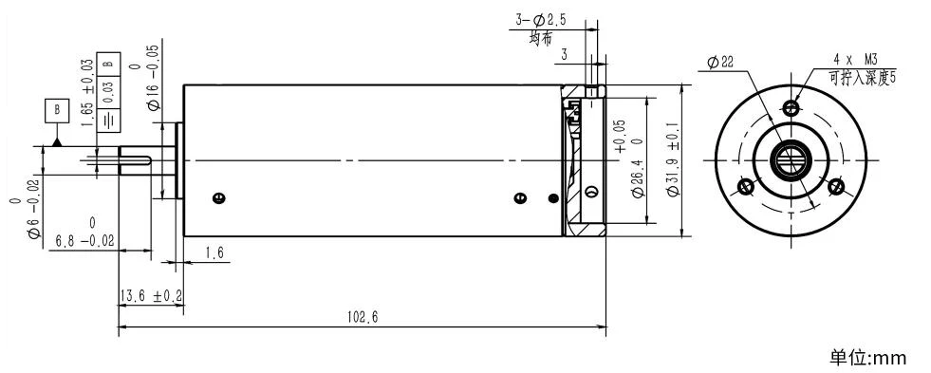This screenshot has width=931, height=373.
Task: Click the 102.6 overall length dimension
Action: pyautogui.click(x=363, y=317)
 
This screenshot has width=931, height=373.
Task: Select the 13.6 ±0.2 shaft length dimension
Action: pyautogui.click(x=152, y=296)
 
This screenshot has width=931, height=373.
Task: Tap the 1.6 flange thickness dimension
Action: pyautogui.click(x=214, y=253)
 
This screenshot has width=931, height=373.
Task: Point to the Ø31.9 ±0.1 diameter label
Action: pyautogui.click(x=673, y=159)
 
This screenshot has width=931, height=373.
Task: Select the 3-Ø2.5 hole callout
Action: pyautogui.click(x=540, y=20)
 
